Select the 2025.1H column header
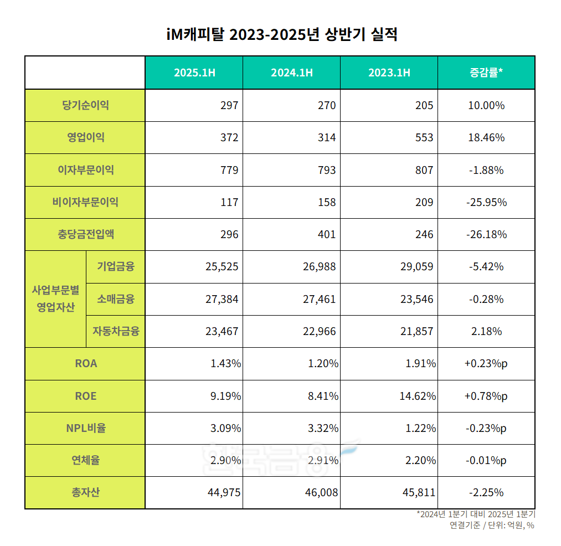[x=194, y=73]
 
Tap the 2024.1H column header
[x=291, y=73]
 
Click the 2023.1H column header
[x=389, y=73]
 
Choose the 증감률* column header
[x=486, y=73]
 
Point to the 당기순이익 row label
[x=85, y=105]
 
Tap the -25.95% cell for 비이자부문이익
[x=486, y=202]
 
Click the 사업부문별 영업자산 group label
[x=55, y=299]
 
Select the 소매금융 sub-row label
[x=115, y=299]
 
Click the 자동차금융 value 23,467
[x=222, y=332]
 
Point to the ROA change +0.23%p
[x=486, y=364]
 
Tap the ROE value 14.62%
[x=418, y=396]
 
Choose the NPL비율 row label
[x=85, y=428]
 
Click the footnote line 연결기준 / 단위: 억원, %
[x=492, y=526]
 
